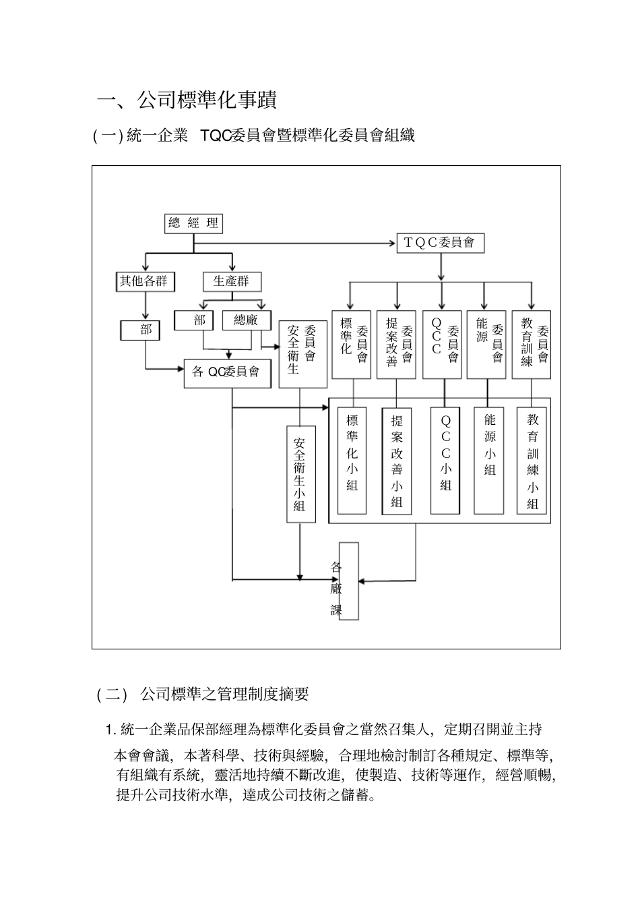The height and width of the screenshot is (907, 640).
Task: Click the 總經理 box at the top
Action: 193,224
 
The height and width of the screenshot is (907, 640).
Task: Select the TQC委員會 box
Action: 440,243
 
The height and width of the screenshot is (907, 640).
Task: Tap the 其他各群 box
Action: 143,282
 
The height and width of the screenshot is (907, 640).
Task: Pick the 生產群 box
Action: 232,282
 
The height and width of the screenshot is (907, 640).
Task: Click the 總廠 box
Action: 246,320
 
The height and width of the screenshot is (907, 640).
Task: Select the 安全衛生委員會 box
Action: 302,354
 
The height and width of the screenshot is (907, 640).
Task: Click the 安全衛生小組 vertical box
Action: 300,474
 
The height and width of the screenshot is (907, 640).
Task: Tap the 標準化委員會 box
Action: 352,345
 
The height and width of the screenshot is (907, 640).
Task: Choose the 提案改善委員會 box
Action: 396,345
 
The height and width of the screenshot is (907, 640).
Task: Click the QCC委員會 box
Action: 442,345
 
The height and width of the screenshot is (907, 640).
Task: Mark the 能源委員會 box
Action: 486,345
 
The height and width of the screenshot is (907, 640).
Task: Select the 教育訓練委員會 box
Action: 532,345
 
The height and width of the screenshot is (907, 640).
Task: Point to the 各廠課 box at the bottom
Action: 349,581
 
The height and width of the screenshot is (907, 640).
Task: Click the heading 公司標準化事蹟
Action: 187,100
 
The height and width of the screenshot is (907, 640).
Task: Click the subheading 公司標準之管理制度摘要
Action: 224,694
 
